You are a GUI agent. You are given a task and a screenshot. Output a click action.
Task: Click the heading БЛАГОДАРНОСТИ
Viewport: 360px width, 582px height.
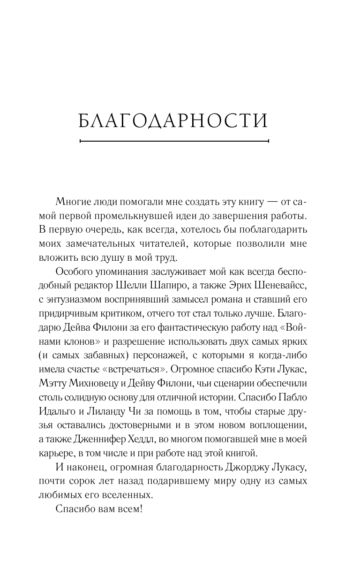click(173, 121)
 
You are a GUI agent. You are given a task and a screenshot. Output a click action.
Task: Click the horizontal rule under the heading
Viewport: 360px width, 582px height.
click(174, 140)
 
